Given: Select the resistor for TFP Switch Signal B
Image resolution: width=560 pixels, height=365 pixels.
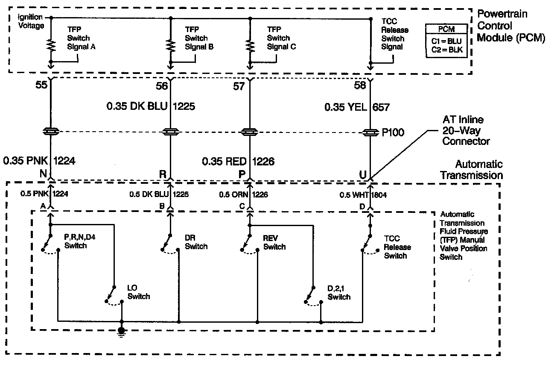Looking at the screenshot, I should [x=171, y=45].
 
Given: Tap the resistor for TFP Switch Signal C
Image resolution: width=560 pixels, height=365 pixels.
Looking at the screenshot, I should [x=249, y=45].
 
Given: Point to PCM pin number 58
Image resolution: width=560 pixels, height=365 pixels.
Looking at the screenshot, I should [x=360, y=86].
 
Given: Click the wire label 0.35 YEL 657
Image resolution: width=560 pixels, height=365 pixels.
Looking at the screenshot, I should [x=357, y=107].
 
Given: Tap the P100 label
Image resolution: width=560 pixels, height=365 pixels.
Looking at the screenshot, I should [x=393, y=133].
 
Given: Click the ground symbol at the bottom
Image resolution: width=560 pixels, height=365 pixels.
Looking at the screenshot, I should [x=122, y=332].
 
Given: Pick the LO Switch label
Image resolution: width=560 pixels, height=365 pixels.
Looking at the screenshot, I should [x=139, y=292].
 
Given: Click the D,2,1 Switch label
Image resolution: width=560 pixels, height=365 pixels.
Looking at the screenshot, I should [x=339, y=292].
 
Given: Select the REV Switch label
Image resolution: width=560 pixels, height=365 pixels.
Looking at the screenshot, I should [x=274, y=242].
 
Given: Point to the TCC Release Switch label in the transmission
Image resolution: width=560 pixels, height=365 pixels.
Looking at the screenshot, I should [x=397, y=247].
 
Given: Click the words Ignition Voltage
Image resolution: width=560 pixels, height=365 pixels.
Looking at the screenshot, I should [x=31, y=21].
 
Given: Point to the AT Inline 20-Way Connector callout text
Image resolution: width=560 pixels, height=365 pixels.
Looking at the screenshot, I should [x=466, y=130].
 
